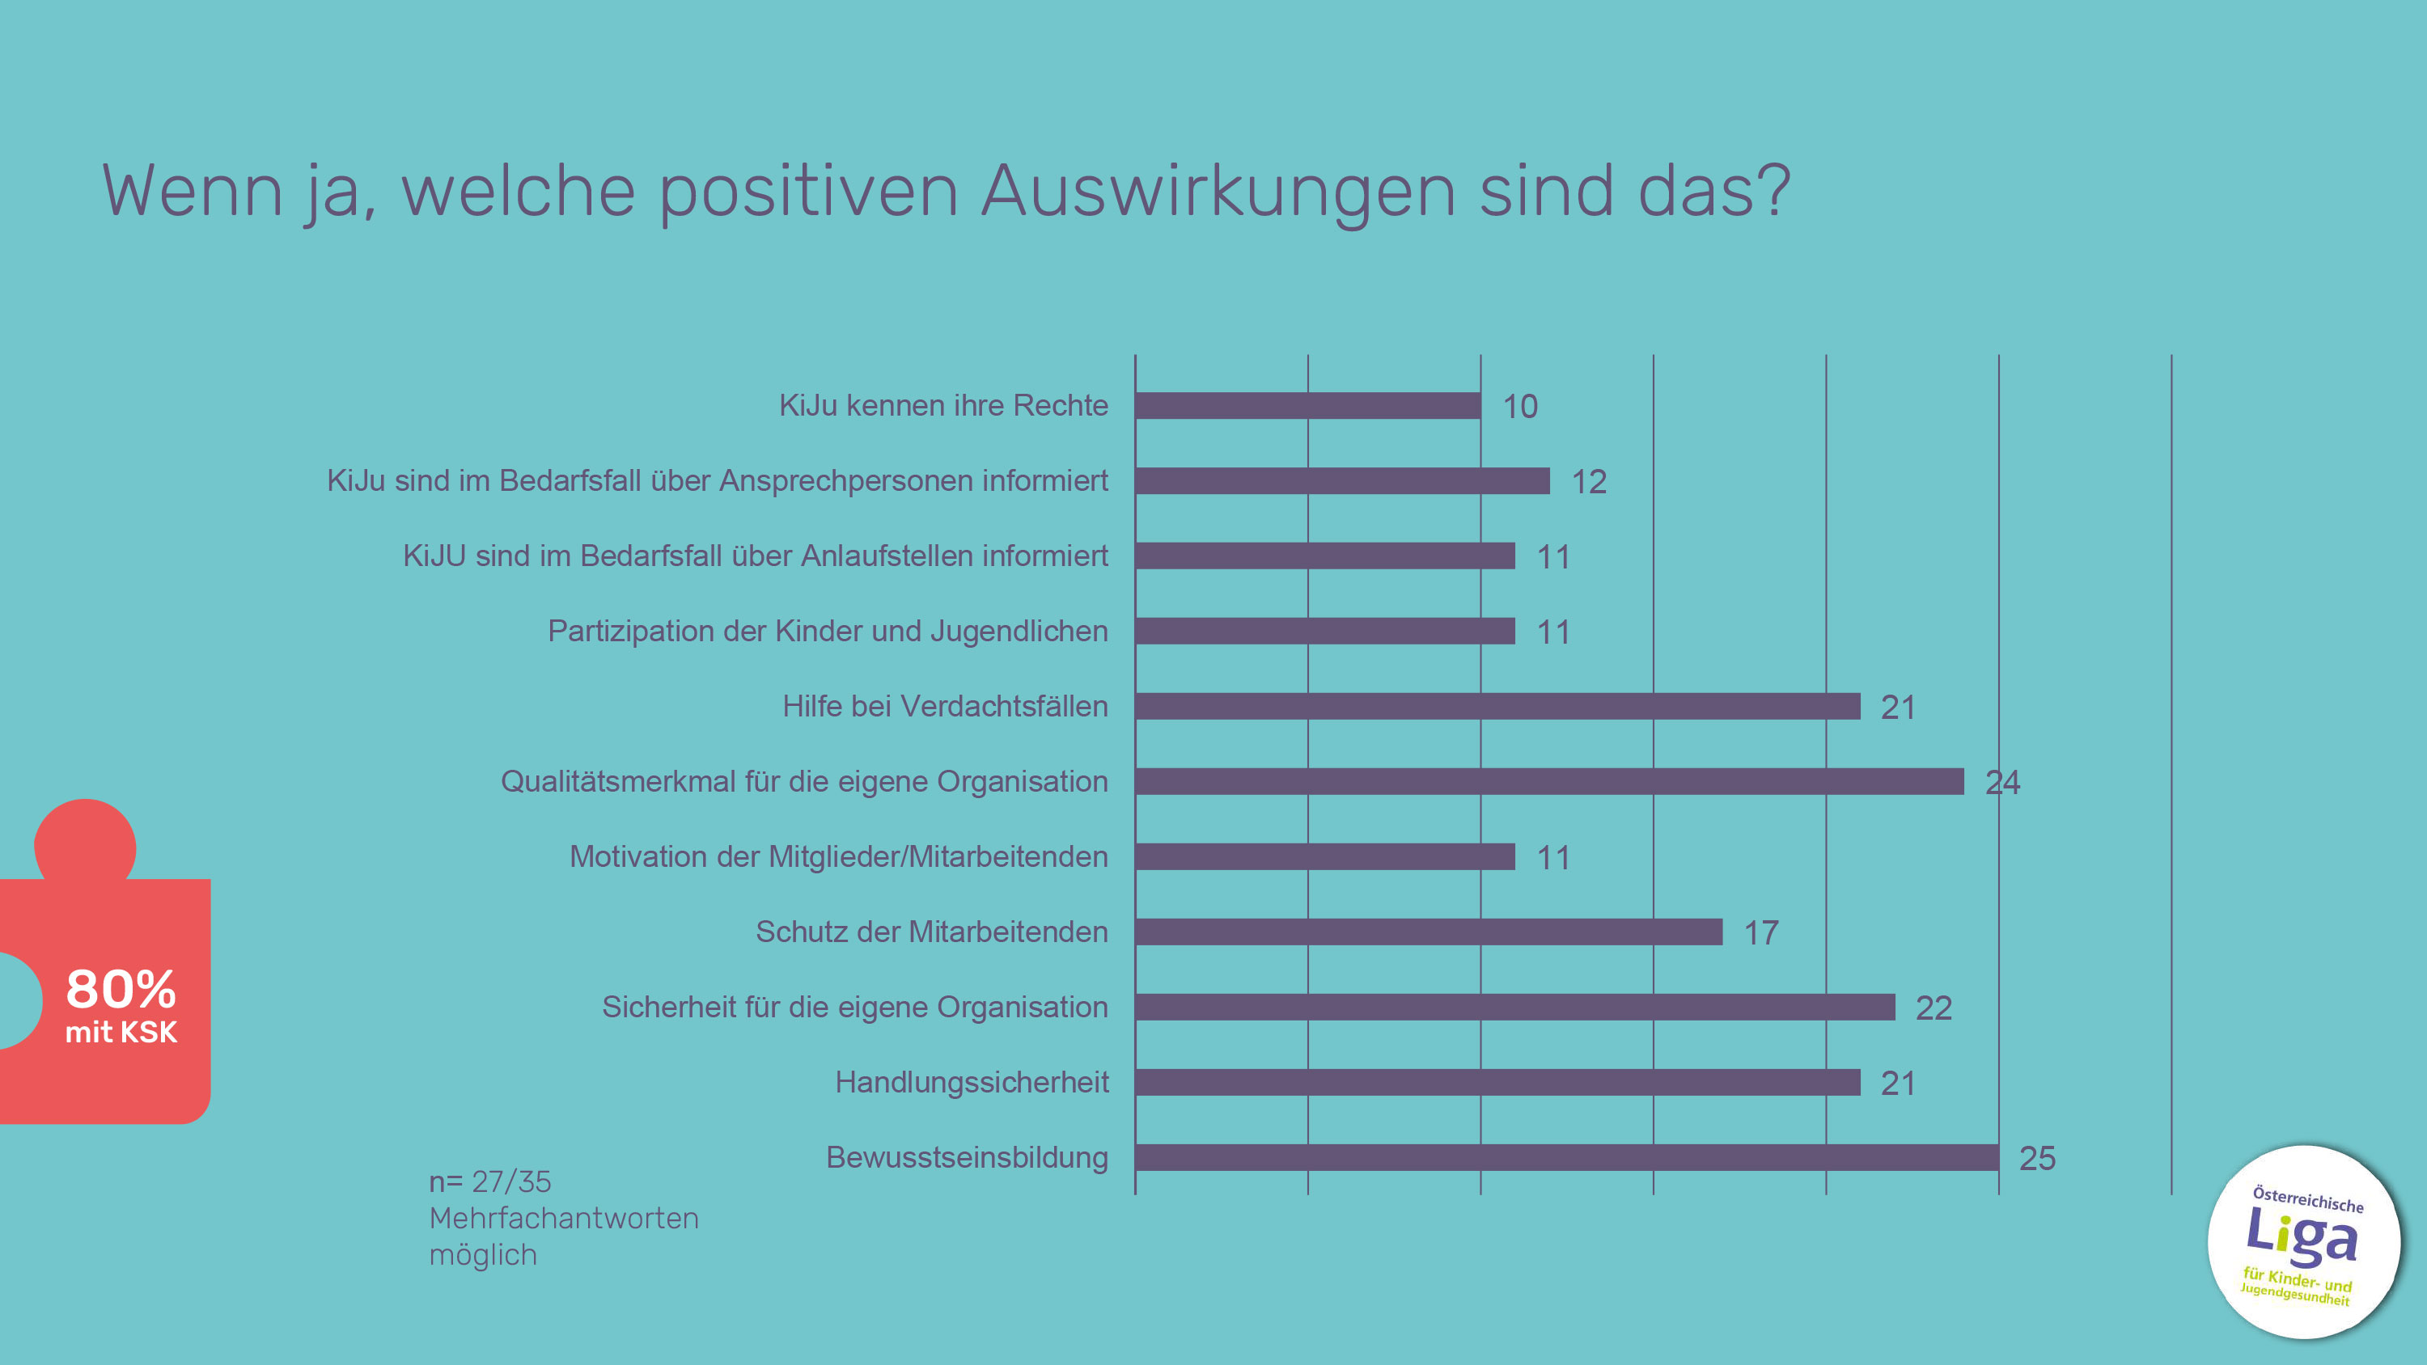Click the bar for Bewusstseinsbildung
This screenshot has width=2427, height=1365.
coord(1566,1157)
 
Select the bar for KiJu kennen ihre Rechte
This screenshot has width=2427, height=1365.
coord(1307,405)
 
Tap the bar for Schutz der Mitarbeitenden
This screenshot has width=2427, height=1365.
coord(1429,932)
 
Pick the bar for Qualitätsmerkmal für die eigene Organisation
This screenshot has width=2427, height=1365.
coord(1549,781)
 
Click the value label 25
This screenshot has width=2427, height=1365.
coord(2037,1159)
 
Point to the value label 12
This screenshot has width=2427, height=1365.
coord(1589,482)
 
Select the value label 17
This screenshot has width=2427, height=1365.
coord(1761,933)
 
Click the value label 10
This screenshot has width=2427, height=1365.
coord(1519,407)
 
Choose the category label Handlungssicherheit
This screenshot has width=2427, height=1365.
coord(972,1083)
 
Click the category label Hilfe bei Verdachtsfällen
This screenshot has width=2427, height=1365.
coord(945,707)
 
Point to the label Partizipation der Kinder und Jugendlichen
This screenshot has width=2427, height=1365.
coord(828,632)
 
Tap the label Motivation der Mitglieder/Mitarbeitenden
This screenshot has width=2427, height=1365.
coord(838,857)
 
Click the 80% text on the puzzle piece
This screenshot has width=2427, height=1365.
coord(121,989)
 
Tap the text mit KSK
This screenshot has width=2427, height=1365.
coord(121,1033)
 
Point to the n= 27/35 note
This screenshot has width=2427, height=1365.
coord(490,1181)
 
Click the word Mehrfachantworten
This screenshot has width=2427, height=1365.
coord(563,1218)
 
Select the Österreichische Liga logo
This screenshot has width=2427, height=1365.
coord(2302,1241)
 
